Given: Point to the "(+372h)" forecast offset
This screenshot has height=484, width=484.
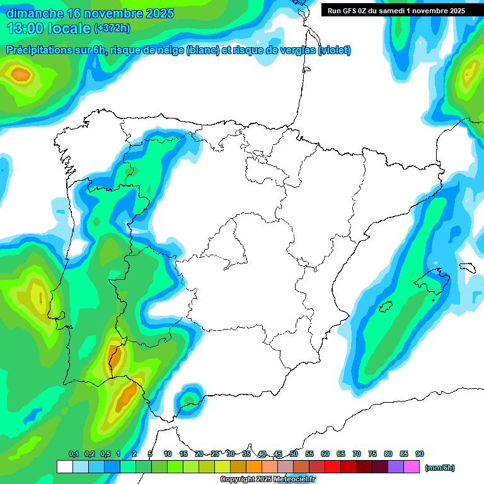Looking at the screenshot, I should [x=112, y=28].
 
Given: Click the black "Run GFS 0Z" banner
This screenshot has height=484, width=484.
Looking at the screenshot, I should [x=396, y=10].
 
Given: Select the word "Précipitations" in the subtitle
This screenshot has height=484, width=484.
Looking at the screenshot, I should [x=38, y=50].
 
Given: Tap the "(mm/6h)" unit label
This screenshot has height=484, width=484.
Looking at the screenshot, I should [x=440, y=468].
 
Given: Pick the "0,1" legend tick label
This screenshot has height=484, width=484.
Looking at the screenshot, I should [x=73, y=454].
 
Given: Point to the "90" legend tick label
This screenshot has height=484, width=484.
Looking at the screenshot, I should [x=420, y=454].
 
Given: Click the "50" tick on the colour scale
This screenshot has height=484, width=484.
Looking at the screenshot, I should [x=294, y=454].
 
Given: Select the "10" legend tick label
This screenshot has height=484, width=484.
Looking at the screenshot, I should [x=168, y=454].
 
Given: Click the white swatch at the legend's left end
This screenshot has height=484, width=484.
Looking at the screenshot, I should [x=64, y=467].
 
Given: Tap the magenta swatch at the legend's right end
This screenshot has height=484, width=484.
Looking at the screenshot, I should [x=412, y=467].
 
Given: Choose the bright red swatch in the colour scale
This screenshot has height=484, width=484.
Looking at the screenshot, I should [x=333, y=467].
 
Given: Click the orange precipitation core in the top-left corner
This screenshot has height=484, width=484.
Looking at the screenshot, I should [x=21, y=75].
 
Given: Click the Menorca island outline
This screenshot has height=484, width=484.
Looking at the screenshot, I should [x=467, y=267].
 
